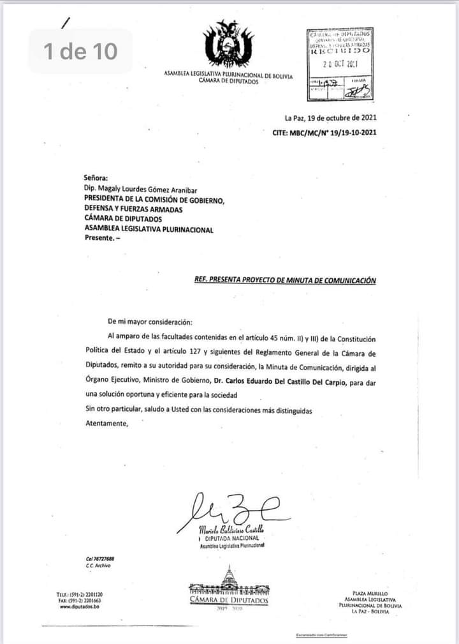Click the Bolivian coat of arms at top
228,44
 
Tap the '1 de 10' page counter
81,50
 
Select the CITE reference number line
324,132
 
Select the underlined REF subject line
285,280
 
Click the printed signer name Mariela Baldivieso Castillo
231,530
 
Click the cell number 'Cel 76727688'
99,558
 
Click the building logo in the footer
229,582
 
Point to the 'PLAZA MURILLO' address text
370,594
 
